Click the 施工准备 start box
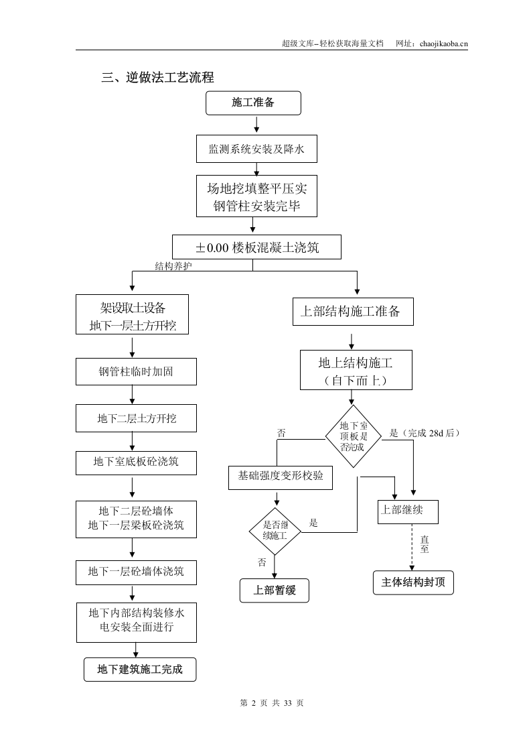tap(253, 103)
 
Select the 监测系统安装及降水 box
tap(256, 149)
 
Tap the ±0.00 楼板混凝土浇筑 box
tap(256, 247)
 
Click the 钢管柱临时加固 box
tap(136, 371)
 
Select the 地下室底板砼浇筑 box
tap(136, 462)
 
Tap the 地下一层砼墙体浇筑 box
tap(136, 572)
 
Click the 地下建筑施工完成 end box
tap(140, 670)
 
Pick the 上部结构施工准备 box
tap(353, 311)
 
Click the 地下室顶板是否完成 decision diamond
tap(353, 436)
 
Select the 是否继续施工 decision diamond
tap(275, 530)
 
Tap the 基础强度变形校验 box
tap(281, 476)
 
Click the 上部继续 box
tap(408, 511)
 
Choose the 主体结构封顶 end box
tap(413, 582)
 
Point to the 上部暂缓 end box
tap(275, 590)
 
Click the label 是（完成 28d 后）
tap(425, 433)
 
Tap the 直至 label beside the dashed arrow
tap(425, 544)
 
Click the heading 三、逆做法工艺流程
tap(157, 77)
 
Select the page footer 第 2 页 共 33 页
tap(267, 703)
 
